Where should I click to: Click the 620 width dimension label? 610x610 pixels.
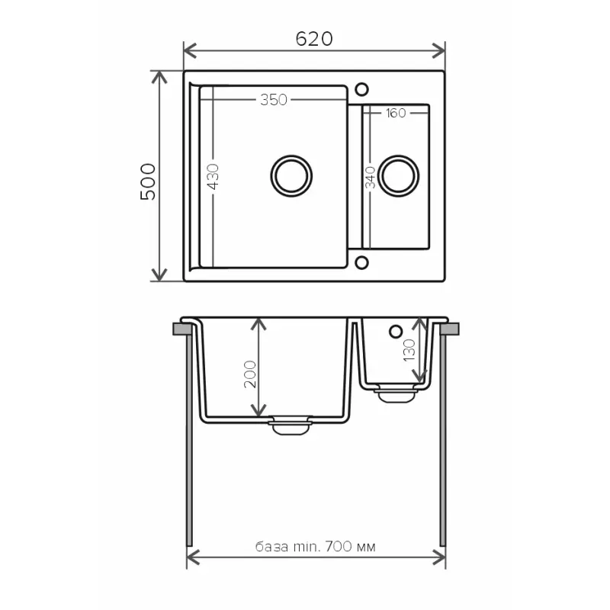click(314, 39)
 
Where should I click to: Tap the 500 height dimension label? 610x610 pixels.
click(148, 181)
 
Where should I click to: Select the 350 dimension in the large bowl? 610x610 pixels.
click(274, 100)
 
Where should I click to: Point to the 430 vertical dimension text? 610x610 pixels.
click(213, 177)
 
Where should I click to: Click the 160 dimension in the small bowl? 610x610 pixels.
click(396, 113)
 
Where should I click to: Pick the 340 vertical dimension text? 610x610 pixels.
click(371, 178)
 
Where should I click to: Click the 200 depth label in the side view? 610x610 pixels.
click(250, 374)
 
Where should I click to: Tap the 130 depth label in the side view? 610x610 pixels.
click(409, 350)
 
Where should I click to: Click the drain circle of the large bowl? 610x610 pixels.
click(291, 176)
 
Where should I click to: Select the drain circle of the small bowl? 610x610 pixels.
click(398, 176)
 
